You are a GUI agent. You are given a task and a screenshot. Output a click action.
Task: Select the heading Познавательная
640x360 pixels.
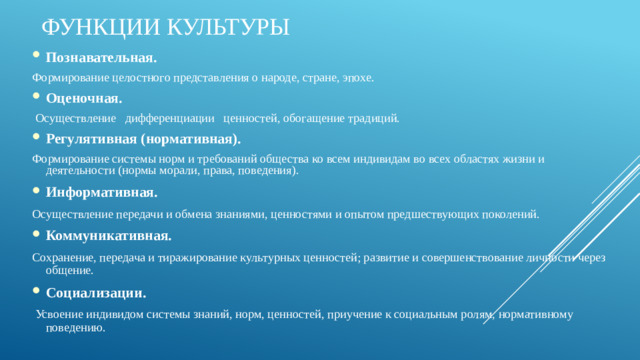tap(101, 56)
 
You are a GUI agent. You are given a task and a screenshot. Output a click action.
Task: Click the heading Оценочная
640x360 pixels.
tap(84, 98)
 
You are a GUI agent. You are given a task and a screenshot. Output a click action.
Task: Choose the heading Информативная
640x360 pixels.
tap(101, 191)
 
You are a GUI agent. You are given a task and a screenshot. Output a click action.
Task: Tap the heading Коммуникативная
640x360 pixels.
tap(108, 236)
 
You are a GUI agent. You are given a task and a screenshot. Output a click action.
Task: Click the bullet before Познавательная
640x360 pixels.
tap(36, 57)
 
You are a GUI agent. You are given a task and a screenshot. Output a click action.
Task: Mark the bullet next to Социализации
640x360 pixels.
tap(36, 294)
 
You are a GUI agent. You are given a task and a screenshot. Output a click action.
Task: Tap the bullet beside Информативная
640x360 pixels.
tap(36, 192)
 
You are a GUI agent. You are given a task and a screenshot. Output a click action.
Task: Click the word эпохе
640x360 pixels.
tap(358, 77)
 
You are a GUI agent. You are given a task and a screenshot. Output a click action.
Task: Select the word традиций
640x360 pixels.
tap(375, 118)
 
